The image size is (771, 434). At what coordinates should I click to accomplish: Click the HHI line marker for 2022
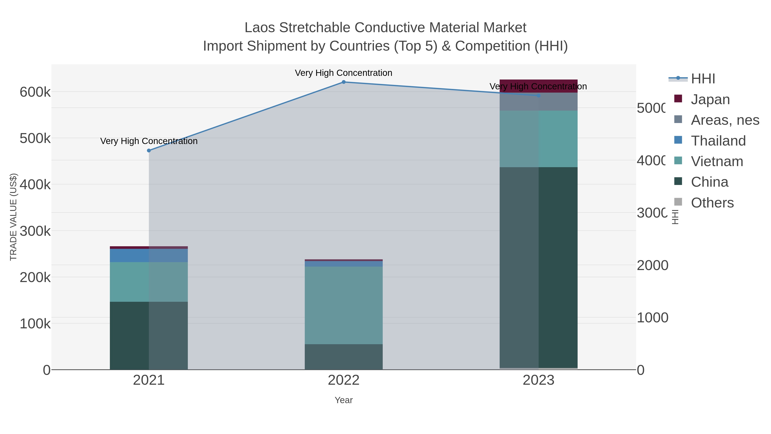[344, 82]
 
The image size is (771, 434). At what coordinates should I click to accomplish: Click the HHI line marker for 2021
[149, 151]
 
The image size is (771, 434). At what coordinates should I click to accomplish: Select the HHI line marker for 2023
[538, 96]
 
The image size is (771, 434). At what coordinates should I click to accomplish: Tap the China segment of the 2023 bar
[538, 267]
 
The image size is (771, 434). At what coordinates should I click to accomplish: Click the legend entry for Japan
[710, 99]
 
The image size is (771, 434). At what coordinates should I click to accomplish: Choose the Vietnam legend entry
[717, 161]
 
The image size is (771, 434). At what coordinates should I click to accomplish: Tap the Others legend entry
[712, 203]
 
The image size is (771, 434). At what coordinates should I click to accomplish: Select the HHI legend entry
[703, 79]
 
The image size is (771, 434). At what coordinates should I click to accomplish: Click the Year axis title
[344, 400]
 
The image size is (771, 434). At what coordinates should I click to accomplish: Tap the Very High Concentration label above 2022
[344, 73]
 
